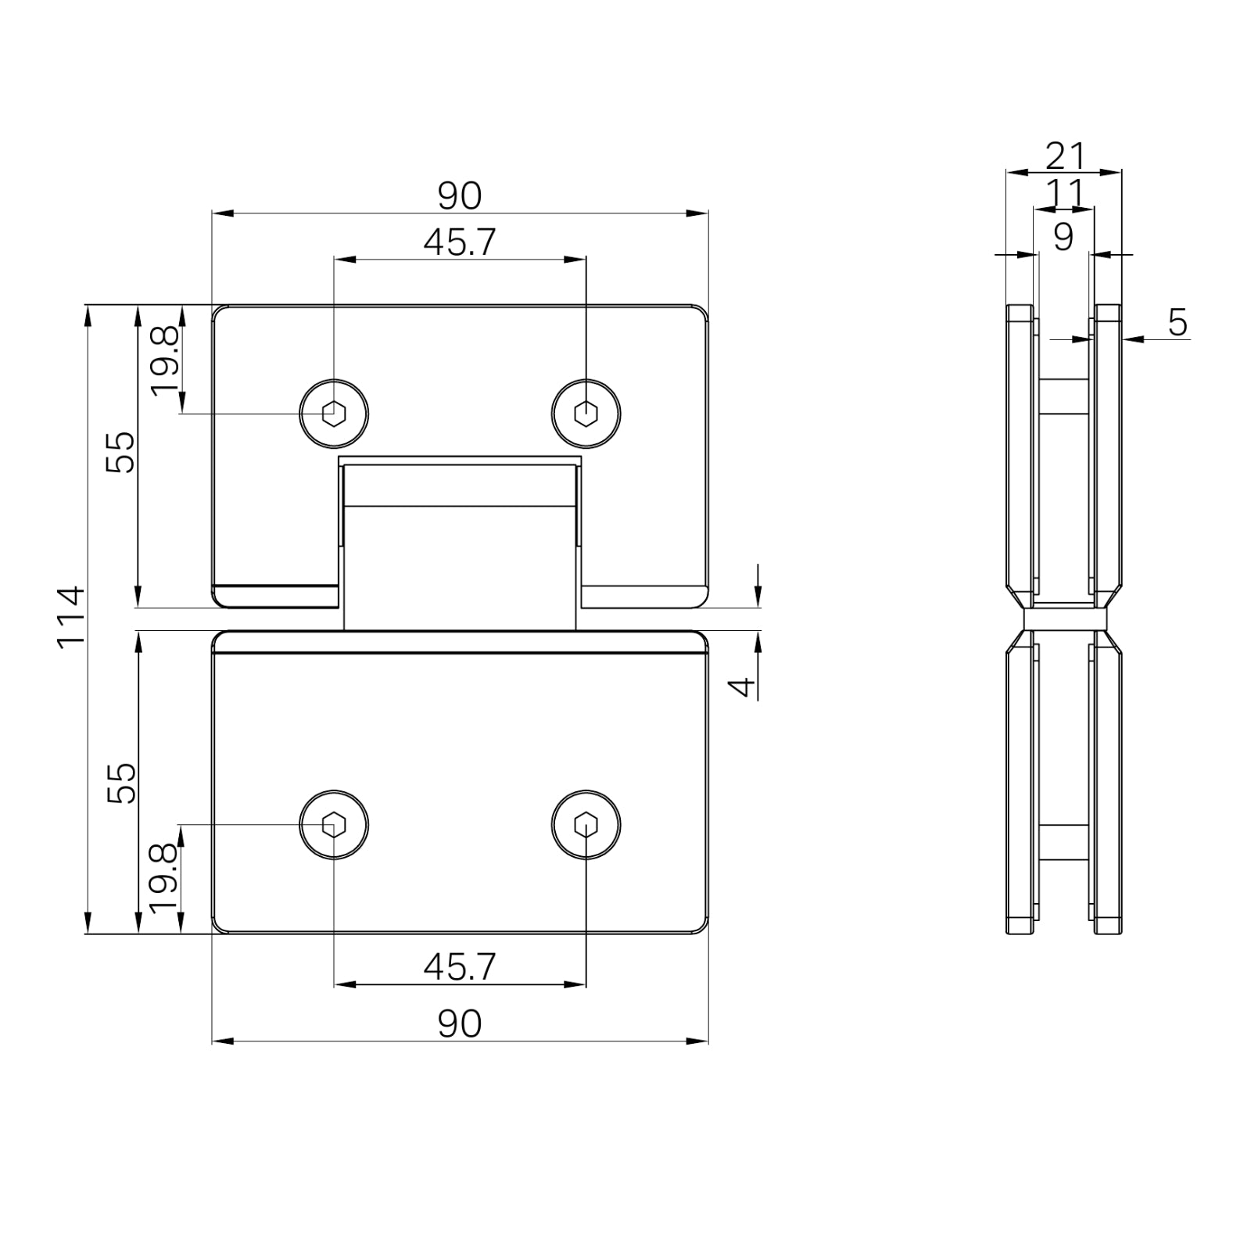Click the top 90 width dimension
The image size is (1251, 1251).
click(x=460, y=195)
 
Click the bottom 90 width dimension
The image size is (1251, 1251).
click(x=460, y=1023)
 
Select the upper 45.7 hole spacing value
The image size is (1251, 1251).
click(x=460, y=242)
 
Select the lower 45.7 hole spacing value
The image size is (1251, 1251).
click(x=460, y=967)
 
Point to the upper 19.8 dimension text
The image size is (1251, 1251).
click(x=165, y=361)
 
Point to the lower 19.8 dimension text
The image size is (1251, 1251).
click(x=165, y=879)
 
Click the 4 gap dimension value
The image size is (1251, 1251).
click(x=742, y=686)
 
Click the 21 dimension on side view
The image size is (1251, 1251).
click(x=1066, y=156)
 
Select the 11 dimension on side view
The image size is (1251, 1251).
click(x=1066, y=192)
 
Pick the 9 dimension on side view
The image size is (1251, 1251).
click(x=1063, y=236)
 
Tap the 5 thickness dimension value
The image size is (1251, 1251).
click(x=1178, y=322)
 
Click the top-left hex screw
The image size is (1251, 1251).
click(x=335, y=412)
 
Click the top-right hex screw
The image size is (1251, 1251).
click(x=586, y=413)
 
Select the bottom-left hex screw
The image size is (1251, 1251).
click(x=335, y=825)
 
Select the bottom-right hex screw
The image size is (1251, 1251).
click(x=586, y=825)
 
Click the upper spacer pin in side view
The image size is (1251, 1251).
click(x=1063, y=396)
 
